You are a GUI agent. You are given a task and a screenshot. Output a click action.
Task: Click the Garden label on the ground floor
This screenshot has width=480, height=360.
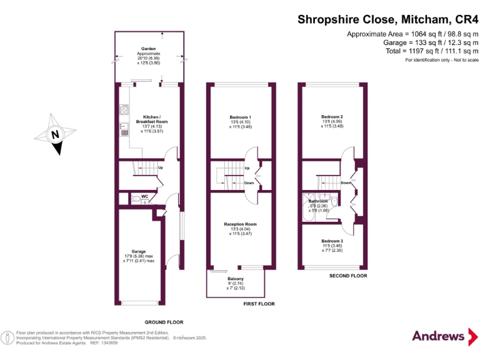(148, 48)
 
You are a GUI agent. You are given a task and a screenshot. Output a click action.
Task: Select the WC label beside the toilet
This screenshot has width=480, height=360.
(145, 196)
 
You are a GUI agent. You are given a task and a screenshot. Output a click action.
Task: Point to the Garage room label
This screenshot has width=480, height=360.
(139, 251)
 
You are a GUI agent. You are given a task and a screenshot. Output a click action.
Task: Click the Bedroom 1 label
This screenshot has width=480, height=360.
(241, 117)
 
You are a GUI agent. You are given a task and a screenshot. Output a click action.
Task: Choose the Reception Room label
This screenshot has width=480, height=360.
(241, 224)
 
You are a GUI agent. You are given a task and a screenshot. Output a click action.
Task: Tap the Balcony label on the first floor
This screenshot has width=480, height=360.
(236, 278)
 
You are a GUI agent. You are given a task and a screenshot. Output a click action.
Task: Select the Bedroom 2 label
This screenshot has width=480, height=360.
(332, 117)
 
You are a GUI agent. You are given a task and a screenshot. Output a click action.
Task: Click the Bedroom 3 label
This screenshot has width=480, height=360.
(332, 241)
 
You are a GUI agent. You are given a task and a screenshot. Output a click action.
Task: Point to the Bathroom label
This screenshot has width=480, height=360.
(317, 201)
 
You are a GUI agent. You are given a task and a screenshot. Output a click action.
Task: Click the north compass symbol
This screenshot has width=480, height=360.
(54, 133)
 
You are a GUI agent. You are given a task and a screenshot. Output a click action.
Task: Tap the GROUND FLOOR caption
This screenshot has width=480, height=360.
(164, 322)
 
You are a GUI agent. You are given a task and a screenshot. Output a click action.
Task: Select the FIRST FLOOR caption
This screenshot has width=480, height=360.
(259, 304)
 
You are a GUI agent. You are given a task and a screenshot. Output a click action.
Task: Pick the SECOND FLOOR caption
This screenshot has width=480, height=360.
(348, 276)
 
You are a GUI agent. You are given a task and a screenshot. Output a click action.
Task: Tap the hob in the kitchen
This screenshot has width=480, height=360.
(124, 111)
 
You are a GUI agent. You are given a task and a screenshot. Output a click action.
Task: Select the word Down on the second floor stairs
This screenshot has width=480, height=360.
(346, 183)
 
